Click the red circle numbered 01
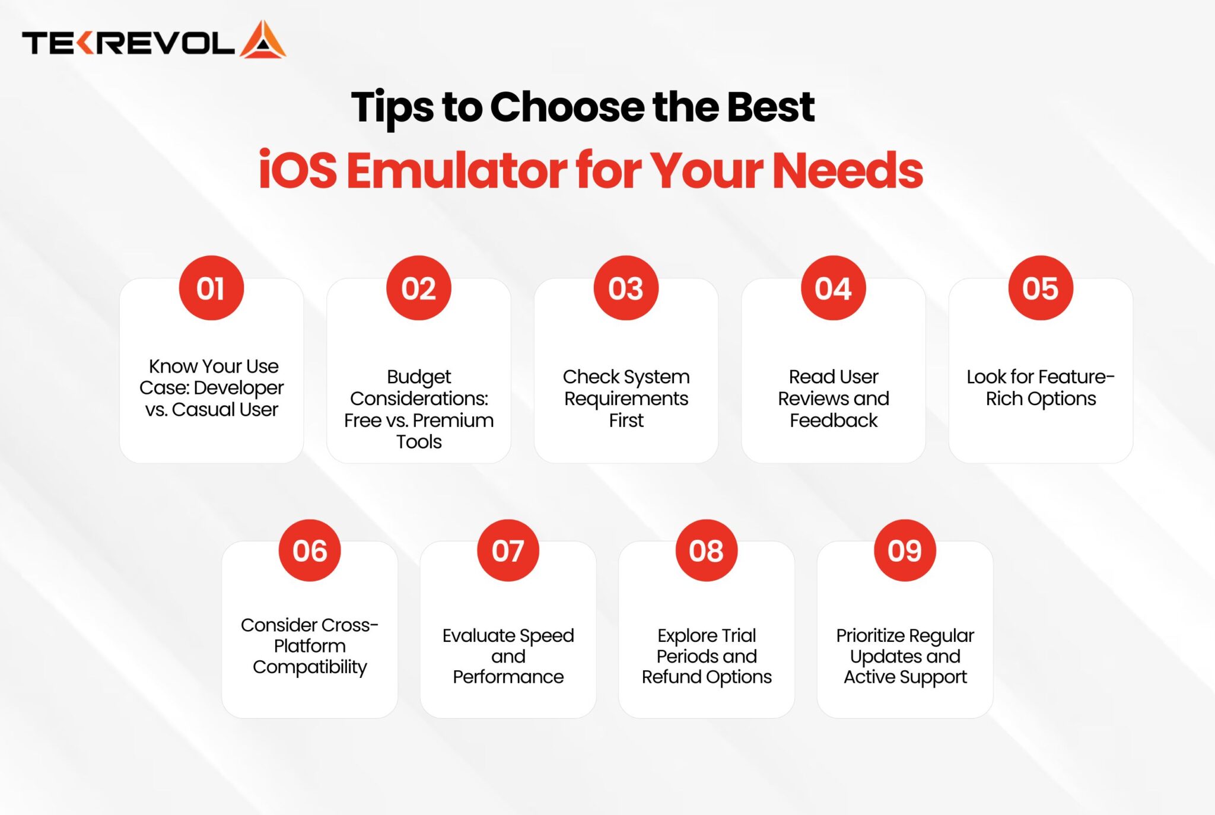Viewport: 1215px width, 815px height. pos(211,288)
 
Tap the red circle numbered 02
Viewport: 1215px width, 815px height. pos(419,288)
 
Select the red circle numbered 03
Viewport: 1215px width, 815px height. pos(626,288)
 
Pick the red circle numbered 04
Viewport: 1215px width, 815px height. pos(834,288)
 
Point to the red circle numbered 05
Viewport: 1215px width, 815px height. pos(1041,288)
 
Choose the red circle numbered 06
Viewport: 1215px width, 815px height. pos(310,550)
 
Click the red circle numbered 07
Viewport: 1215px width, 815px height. pos(508,550)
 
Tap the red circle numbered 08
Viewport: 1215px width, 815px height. pos(707,550)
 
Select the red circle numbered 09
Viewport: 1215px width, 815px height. pos(905,550)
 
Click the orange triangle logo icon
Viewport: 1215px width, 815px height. pos(263,40)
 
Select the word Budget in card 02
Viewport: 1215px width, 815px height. pos(419,377)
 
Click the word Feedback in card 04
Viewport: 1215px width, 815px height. pos(834,421)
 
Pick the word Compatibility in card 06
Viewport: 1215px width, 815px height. pos(310,667)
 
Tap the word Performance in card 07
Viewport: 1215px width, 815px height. pos(508,677)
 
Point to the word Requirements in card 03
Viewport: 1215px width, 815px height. pos(626,399)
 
